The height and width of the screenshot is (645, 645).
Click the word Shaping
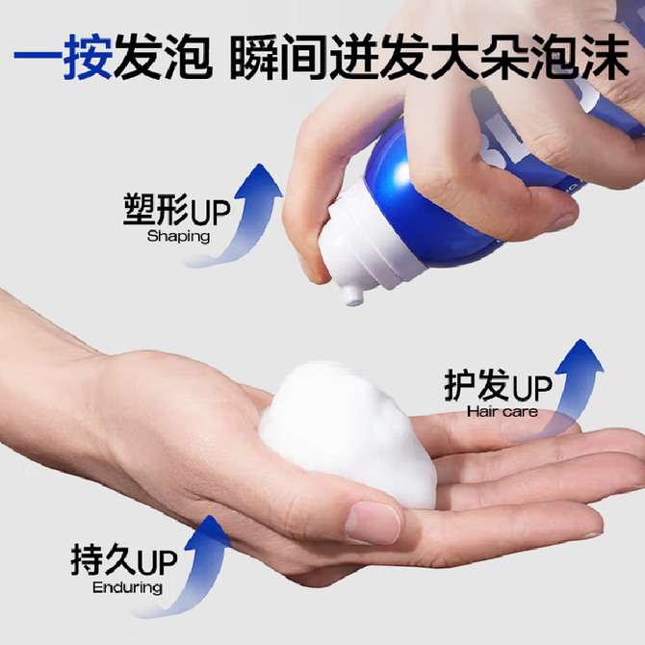178,237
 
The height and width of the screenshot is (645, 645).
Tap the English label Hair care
503,411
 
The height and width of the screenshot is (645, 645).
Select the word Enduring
127,588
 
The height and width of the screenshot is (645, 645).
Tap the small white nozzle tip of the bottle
353,297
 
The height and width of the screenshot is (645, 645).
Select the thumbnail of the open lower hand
372,523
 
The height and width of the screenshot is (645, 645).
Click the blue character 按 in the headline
88,57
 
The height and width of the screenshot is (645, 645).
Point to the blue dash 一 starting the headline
39,56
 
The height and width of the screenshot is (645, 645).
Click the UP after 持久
157,562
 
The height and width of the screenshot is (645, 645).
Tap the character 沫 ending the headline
605,57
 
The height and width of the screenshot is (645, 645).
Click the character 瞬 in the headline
254,57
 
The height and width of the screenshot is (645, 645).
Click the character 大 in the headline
454,57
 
